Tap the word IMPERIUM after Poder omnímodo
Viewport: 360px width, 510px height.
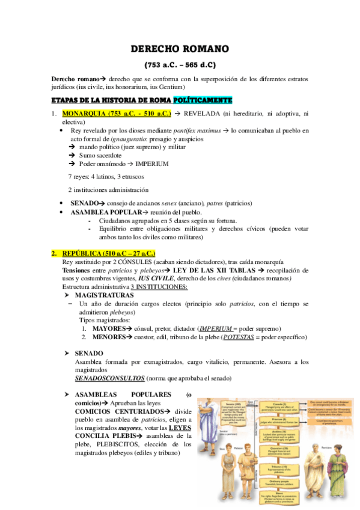[152, 164]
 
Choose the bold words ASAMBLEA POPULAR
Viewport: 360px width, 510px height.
[100, 212]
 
